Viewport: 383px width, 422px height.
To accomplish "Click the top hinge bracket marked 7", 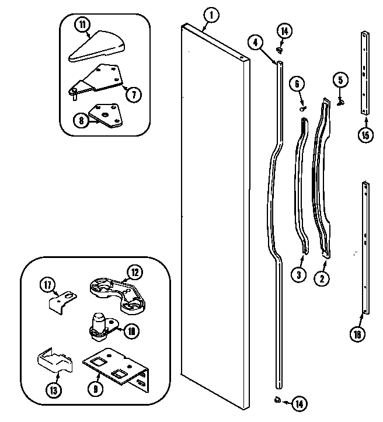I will pos(99,79).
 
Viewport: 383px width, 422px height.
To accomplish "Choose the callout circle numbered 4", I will pos(255,42).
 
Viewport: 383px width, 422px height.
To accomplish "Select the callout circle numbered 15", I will pos(365,136).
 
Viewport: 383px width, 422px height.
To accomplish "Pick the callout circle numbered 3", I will pos(299,275).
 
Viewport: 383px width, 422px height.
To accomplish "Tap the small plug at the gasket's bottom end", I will pos(276,399).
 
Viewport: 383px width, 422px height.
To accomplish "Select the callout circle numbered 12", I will pos(134,271).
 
